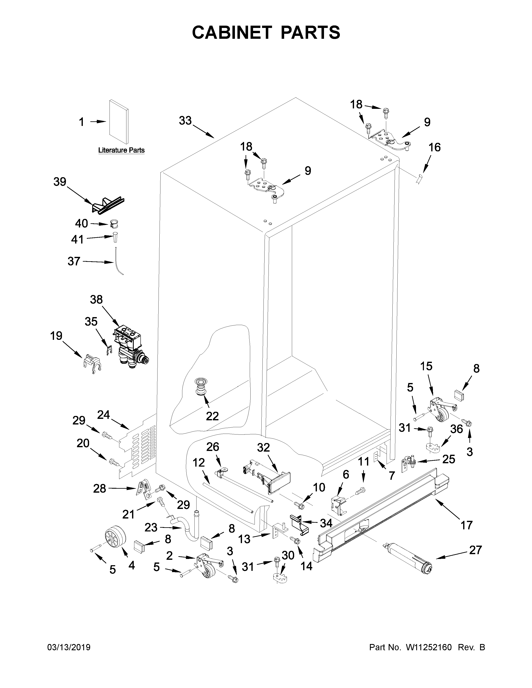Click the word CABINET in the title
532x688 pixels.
tap(232, 33)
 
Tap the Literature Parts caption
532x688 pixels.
tap(121, 150)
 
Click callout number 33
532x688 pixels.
tap(185, 120)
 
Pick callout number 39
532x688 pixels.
tap(60, 182)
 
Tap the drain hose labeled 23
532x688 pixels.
tap(184, 529)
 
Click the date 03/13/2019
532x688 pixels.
tap(69, 647)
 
